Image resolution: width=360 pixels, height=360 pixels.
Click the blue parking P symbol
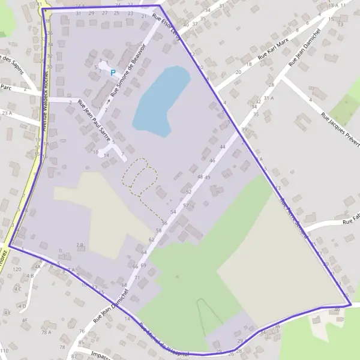click(x=112, y=73)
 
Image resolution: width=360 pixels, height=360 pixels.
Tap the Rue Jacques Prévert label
click(x=340, y=127)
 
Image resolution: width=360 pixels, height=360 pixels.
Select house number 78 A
click(x=45, y=332)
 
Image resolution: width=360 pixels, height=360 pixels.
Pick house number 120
click(x=17, y=270)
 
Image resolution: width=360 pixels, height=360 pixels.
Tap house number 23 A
click(x=7, y=112)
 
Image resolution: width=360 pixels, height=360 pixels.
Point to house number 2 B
click(x=79, y=245)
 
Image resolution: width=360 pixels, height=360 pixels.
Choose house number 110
click(x=5, y=350)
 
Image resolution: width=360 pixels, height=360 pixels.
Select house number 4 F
click(x=25, y=320)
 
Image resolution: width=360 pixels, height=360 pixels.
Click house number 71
click(x=137, y=278)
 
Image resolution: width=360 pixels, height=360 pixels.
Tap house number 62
click(x=151, y=239)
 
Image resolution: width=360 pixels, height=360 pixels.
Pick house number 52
click(x=188, y=192)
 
